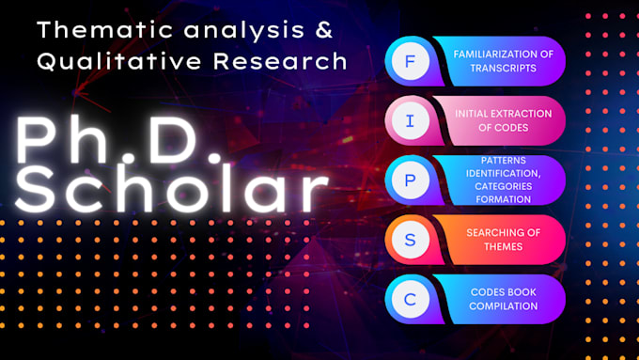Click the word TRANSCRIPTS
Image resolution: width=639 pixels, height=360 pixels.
[x=503, y=68]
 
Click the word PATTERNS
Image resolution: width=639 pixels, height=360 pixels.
[x=503, y=161]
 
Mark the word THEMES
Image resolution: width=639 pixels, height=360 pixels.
[x=503, y=246]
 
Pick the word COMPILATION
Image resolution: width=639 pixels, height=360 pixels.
[x=503, y=306]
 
